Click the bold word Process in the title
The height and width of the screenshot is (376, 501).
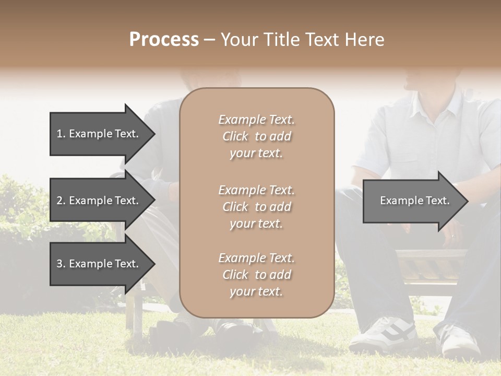click(164, 39)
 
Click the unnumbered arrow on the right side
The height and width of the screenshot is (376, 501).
click(412, 201)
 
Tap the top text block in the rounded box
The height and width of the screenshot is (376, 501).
click(256, 136)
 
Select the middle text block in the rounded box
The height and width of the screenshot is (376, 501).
click(256, 206)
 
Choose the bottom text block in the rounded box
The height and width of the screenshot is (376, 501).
click(256, 274)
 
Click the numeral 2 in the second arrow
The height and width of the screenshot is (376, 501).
click(59, 201)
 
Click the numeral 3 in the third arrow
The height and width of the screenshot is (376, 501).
click(59, 264)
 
